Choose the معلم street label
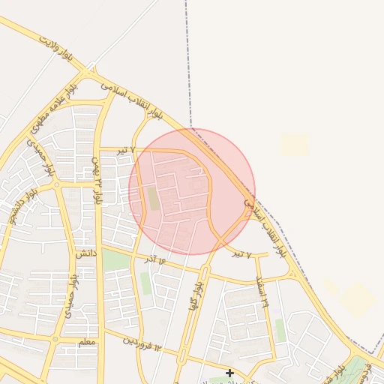[x=87, y=342]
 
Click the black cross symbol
[x=229, y=373]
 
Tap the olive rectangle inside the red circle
[x=153, y=199]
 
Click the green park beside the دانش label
[x=115, y=261]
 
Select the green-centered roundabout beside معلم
[x=54, y=340]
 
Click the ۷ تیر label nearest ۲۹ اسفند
[x=238, y=253]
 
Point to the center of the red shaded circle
[x=192, y=191]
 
